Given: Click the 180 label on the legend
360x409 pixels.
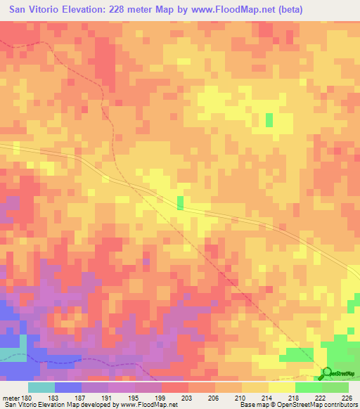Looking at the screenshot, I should pos(27,398).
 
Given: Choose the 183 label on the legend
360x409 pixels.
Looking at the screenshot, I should pos(54,398).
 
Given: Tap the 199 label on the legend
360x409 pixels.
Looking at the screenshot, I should pos(161,398).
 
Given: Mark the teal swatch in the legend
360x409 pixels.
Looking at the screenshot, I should pos(41,387).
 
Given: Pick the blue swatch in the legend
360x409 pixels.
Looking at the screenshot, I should pos(67,387).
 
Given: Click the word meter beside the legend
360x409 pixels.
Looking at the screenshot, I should pos(11,398).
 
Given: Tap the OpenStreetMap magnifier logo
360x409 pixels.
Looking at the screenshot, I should pos(326,373).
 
